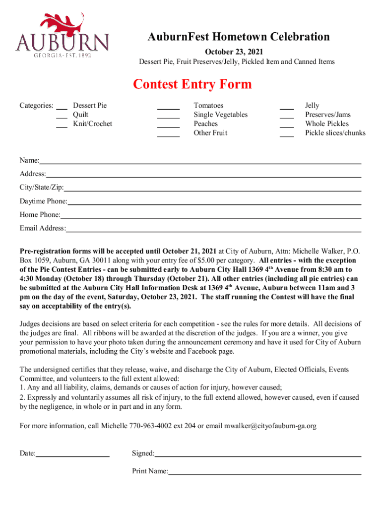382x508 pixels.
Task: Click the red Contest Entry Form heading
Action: tap(192, 84)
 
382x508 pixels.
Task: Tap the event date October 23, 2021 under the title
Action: tap(234, 52)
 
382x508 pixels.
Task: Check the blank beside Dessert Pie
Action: tap(62, 107)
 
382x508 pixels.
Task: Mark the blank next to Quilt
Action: tap(62, 116)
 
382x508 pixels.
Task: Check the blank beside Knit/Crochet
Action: tap(62, 125)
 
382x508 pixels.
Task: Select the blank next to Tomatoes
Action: tap(168, 107)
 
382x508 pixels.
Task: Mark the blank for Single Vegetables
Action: tap(168, 116)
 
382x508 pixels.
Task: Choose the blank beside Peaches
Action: tap(168, 125)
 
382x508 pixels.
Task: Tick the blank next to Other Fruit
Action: tap(168, 133)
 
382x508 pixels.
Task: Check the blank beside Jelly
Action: tap(287, 107)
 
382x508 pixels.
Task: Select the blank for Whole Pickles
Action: tap(287, 125)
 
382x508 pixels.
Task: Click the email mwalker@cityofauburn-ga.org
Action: tap(270, 426)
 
